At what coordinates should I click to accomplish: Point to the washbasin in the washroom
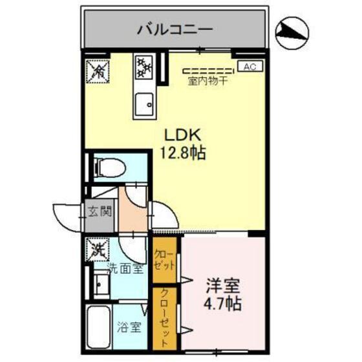(100, 282)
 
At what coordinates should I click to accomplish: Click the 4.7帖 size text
(224, 303)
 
